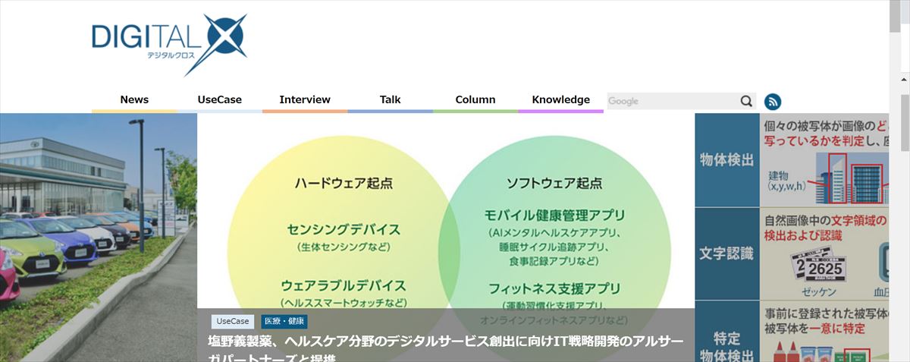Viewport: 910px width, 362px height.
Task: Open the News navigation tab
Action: [x=134, y=99]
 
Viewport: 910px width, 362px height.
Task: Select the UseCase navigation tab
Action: [x=220, y=99]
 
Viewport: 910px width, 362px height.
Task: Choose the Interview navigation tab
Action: [x=305, y=99]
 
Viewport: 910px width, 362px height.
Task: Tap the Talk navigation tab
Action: [x=391, y=99]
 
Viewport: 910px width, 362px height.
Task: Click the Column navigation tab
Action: [x=475, y=99]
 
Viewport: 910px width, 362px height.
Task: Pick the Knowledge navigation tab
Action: [x=561, y=99]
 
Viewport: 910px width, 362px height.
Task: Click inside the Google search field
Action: [x=671, y=101]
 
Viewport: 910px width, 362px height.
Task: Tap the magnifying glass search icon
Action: [x=747, y=101]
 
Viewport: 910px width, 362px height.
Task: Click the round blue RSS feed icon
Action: [x=773, y=102]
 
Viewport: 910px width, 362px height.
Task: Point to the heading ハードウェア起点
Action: [x=344, y=183]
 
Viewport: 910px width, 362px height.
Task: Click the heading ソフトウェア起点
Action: [x=554, y=183]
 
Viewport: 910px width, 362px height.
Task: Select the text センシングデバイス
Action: [x=344, y=229]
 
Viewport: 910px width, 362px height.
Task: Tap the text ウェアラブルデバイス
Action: [x=344, y=286]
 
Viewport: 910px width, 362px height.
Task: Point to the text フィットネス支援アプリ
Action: [x=554, y=288]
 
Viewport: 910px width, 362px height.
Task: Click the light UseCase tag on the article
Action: [x=233, y=321]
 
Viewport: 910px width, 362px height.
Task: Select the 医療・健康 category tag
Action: [x=284, y=321]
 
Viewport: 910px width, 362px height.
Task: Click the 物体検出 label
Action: [x=726, y=159]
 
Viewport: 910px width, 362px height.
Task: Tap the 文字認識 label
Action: [x=726, y=253]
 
